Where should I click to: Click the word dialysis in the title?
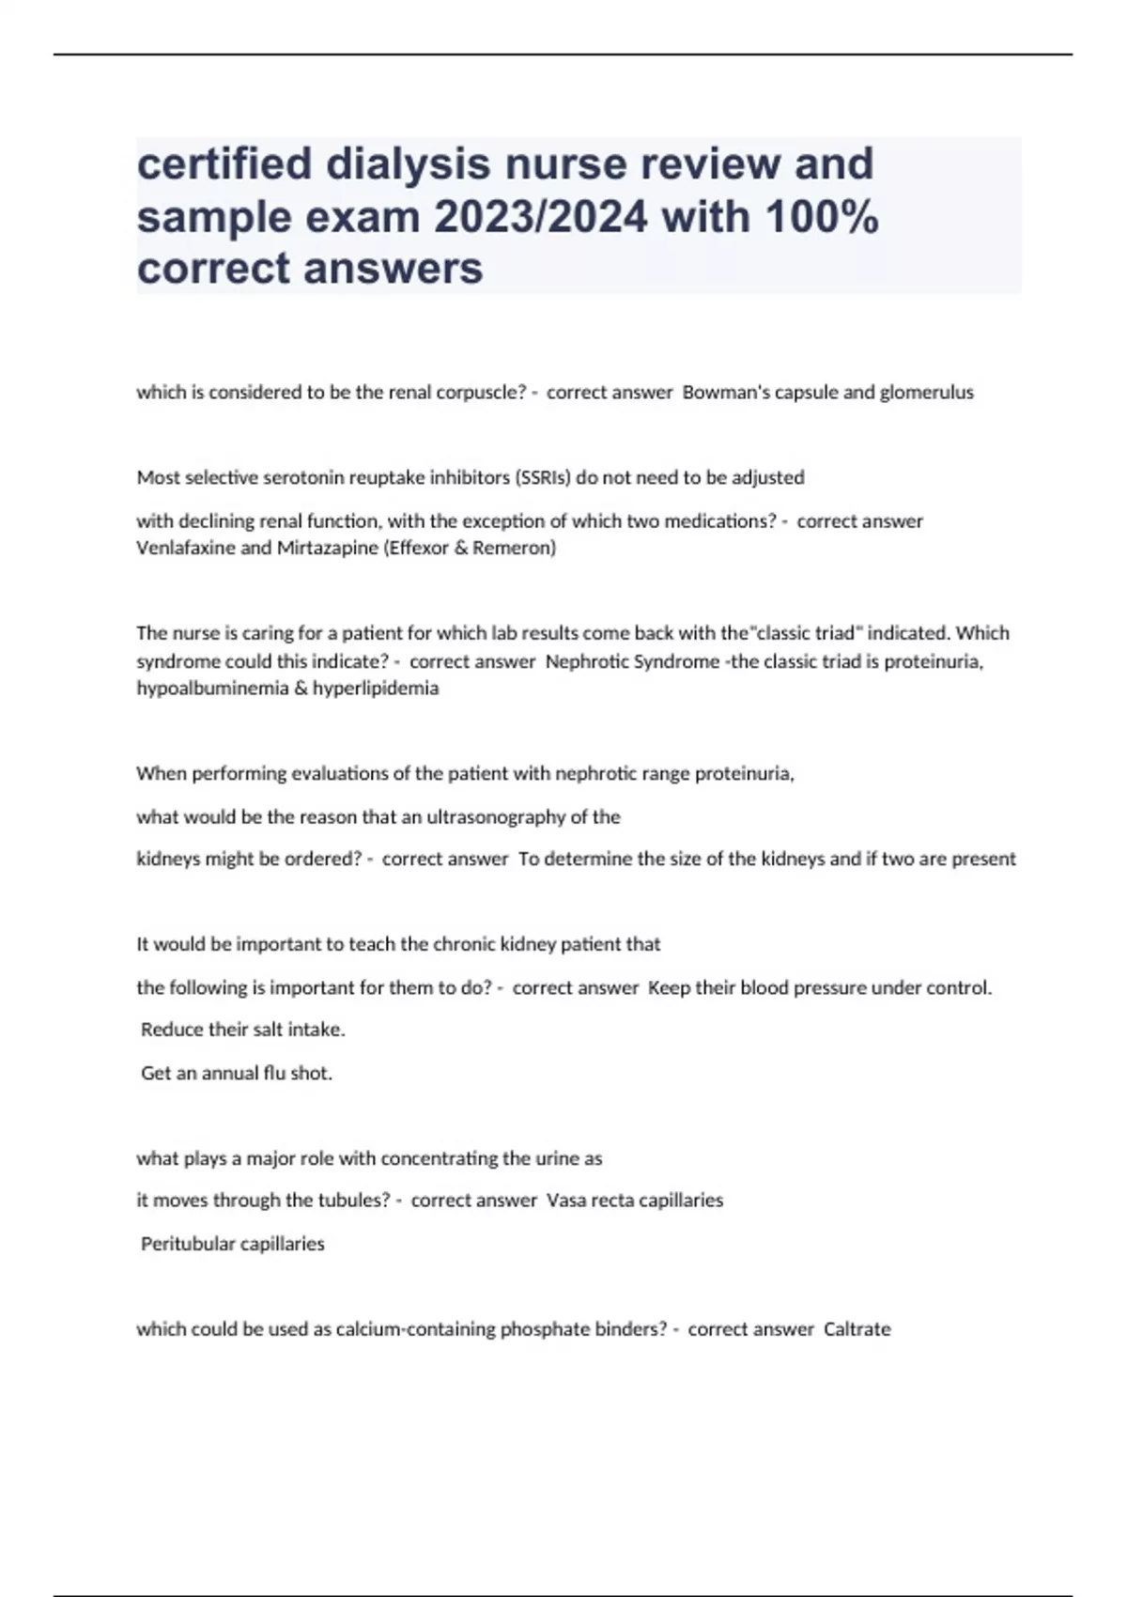409,164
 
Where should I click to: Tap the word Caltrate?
857,1330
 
